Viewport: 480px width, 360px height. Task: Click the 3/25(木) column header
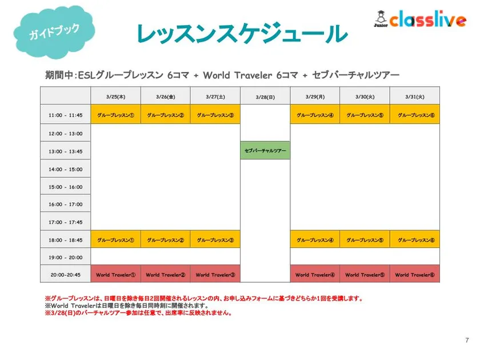[x=115, y=97]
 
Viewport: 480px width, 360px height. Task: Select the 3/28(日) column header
[x=265, y=97]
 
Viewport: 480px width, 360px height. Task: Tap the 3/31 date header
[x=415, y=97]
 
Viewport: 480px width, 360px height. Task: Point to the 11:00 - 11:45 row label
[x=66, y=115]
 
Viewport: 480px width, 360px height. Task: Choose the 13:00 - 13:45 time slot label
[x=66, y=151]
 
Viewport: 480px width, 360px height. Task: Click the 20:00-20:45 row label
[x=66, y=275]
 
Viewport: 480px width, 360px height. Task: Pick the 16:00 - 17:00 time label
[x=66, y=204]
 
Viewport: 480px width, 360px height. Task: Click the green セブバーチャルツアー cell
[x=265, y=150]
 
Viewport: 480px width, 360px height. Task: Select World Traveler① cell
[x=115, y=275]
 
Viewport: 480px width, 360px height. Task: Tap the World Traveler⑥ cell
[x=415, y=275]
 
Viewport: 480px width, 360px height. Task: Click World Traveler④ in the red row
[x=315, y=275]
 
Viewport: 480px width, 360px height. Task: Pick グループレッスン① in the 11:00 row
[x=115, y=115]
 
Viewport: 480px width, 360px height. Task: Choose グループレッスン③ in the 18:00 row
[x=215, y=239]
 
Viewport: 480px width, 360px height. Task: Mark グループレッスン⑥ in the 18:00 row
[x=415, y=239]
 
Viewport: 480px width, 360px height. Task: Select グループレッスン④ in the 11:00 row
[x=315, y=115]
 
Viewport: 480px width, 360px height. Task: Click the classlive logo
[x=420, y=19]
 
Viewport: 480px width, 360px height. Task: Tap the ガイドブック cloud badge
[x=54, y=31]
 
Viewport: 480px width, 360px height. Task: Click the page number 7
[x=467, y=340]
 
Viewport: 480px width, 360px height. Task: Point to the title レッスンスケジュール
[x=242, y=33]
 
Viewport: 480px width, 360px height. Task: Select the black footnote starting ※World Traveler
[x=126, y=306]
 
